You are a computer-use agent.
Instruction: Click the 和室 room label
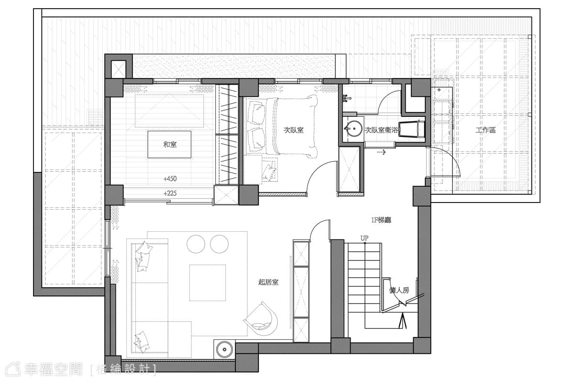(170, 145)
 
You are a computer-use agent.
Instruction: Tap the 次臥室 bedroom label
(293, 130)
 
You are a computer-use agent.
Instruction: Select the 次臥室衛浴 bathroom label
(382, 130)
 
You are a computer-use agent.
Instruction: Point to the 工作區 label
(486, 130)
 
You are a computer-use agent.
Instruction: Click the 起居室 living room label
(268, 282)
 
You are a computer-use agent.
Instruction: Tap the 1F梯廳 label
(381, 220)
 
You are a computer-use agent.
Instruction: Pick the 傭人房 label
(399, 291)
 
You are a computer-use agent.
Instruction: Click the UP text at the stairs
(364, 238)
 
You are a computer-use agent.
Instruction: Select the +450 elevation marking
(170, 179)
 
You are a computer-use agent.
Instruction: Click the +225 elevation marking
(170, 193)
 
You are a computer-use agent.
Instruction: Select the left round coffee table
(196, 244)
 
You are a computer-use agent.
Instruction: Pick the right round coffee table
(220, 244)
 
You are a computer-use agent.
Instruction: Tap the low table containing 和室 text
(169, 145)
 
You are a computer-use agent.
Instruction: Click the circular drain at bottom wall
(224, 349)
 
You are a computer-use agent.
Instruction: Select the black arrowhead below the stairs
(403, 321)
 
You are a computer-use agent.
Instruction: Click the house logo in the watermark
(13, 370)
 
